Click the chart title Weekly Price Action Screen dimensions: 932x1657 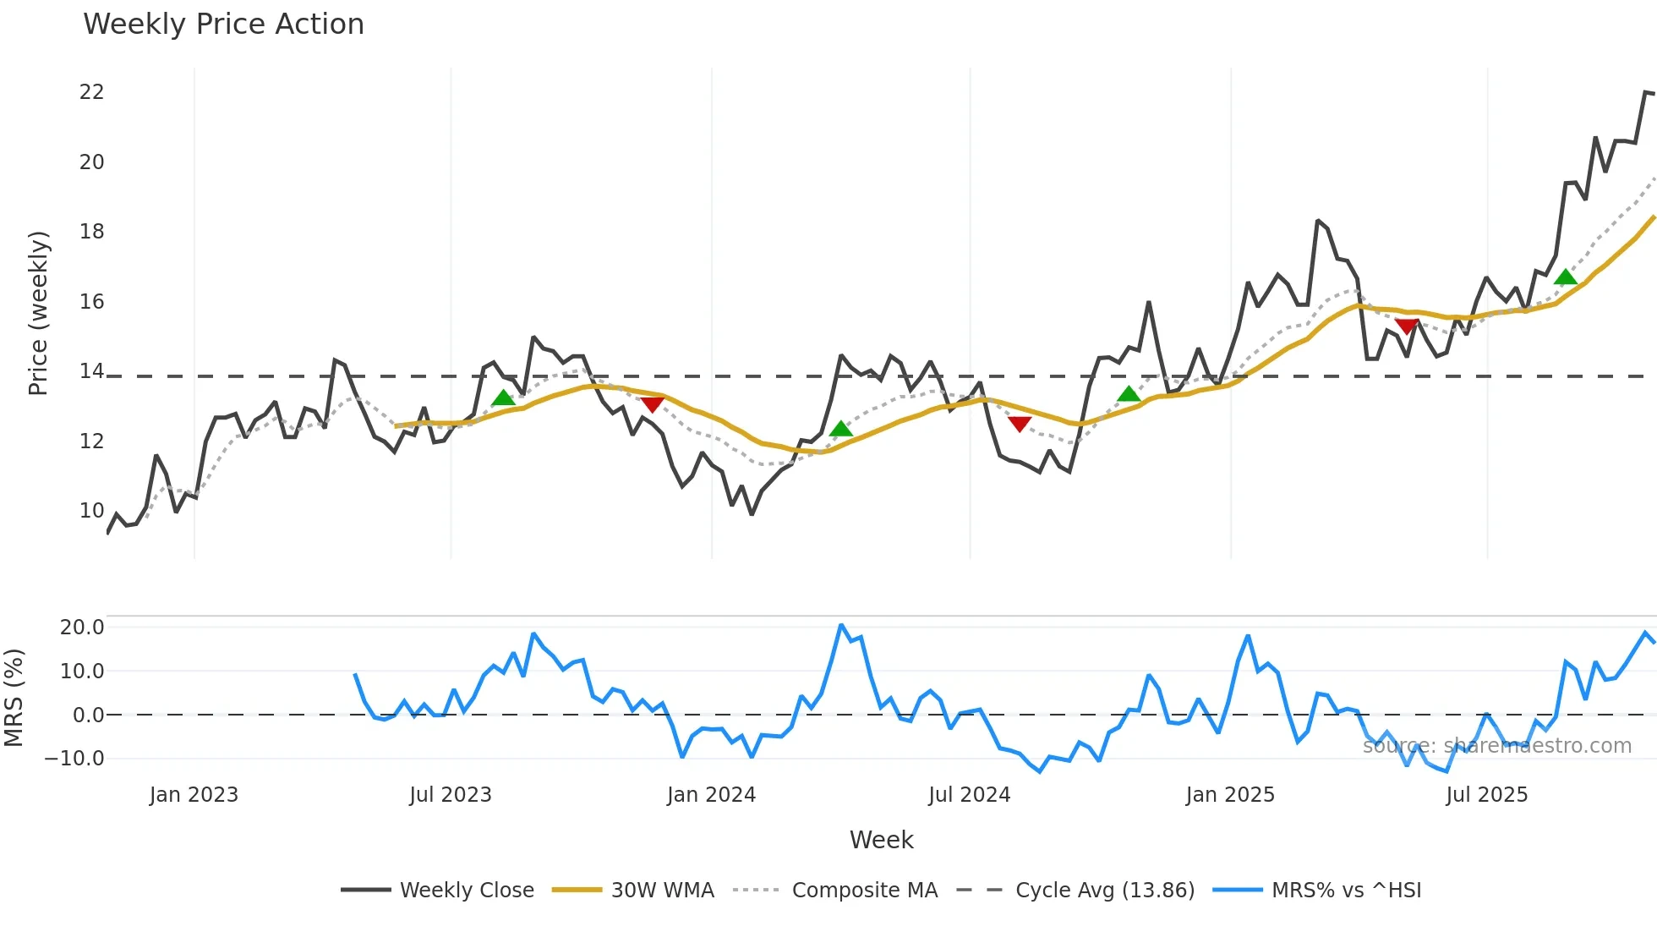pyautogui.click(x=223, y=25)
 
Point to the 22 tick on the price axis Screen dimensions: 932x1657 pyautogui.click(x=91, y=92)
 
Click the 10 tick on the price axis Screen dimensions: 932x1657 pyautogui.click(x=91, y=511)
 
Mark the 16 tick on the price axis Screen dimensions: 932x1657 pyautogui.click(x=91, y=302)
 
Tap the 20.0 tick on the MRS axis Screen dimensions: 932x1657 pyautogui.click(x=82, y=628)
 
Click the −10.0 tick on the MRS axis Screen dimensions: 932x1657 pyautogui.click(x=74, y=759)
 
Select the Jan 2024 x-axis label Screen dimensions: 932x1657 pyautogui.click(x=711, y=795)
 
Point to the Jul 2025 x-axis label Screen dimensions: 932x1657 pyautogui.click(x=1486, y=795)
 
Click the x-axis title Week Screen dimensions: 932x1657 pyautogui.click(x=881, y=840)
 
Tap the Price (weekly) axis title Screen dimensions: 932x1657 pyautogui.click(x=38, y=313)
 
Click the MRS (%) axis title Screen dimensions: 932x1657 pyautogui.click(x=14, y=698)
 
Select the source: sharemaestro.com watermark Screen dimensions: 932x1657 pyautogui.click(x=1496, y=746)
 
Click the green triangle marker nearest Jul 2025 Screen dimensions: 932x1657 pyautogui.click(x=1565, y=277)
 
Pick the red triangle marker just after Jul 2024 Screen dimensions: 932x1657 pyautogui.click(x=1020, y=424)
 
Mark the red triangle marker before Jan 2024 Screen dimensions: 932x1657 pyautogui.click(x=652, y=404)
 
